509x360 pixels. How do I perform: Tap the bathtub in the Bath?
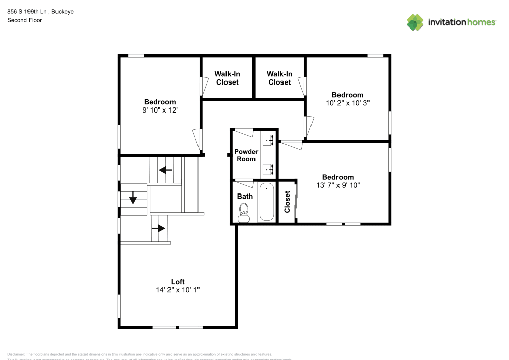click(266, 203)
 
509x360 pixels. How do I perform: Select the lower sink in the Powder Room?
click(268, 169)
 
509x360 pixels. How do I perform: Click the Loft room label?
click(177, 282)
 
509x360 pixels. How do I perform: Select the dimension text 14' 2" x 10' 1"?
click(177, 290)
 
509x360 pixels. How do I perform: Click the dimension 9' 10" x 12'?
click(159, 110)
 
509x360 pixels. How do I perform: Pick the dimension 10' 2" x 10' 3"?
click(348, 103)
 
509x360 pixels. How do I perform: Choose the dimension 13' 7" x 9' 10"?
click(337, 185)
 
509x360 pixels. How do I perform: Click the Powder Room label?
click(246, 155)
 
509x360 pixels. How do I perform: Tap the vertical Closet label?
click(287, 202)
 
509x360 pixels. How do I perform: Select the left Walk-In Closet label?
click(227, 78)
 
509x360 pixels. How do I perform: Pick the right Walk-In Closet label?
click(279, 78)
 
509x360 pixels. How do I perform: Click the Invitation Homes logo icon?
click(415, 22)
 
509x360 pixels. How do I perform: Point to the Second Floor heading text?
click(24, 20)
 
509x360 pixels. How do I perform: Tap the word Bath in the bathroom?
click(245, 196)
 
